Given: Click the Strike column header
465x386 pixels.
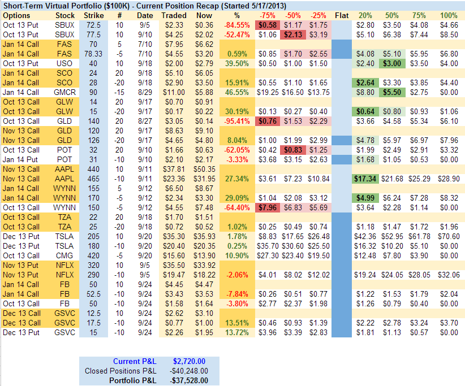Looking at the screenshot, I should pos(93,15).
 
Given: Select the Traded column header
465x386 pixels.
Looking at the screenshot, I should pos(174,15).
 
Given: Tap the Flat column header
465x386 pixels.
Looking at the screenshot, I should pos(342,15).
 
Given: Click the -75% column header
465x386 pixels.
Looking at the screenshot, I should pos(268,15).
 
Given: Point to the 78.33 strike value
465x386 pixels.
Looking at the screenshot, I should pos(93,54).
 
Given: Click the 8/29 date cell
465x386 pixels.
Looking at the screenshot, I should pos(145,92).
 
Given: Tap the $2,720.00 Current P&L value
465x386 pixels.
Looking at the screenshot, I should pos(190,362).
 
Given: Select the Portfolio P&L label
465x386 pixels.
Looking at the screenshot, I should pos(133,380).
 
